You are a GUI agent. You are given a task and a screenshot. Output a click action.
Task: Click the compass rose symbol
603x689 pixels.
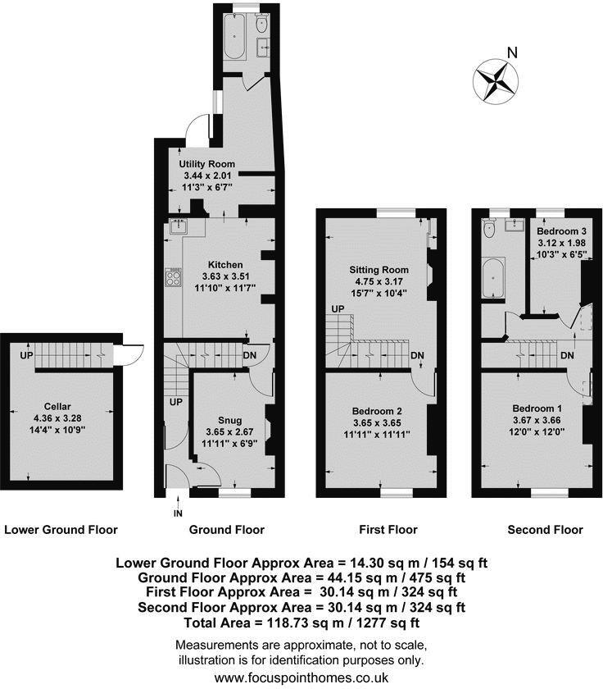coord(496,80)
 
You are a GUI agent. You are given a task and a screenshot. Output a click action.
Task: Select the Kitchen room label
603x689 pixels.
coord(225,265)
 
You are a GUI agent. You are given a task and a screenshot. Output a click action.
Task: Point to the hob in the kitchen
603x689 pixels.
coord(175,278)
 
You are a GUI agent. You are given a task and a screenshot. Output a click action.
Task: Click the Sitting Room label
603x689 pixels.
coord(379,270)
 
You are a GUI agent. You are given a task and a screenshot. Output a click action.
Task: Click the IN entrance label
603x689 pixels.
coord(178,513)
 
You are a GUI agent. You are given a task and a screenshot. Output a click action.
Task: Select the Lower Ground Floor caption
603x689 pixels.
coord(61,530)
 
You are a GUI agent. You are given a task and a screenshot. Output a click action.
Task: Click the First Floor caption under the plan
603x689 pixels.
coord(388,530)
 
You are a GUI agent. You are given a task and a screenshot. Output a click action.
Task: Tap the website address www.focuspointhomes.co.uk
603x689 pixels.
coord(301,678)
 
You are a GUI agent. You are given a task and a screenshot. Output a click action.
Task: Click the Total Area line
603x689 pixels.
coord(301,622)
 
